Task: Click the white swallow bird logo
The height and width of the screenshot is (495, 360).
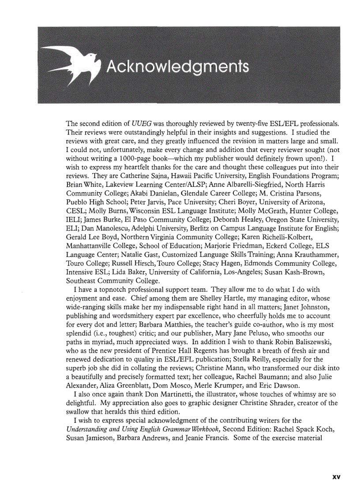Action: [x=73, y=66]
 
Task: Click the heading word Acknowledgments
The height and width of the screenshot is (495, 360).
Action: [x=178, y=67]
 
